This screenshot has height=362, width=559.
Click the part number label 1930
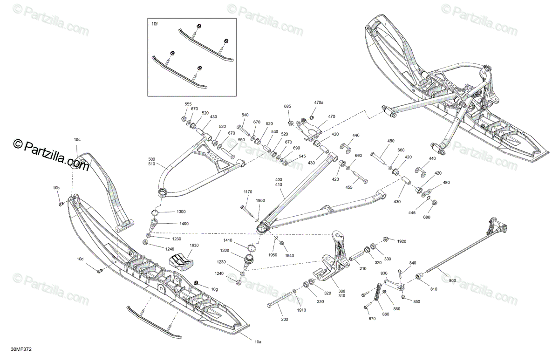194,246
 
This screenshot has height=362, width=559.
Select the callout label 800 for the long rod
452,280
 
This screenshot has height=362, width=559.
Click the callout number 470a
319,102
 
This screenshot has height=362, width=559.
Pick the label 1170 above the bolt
248,191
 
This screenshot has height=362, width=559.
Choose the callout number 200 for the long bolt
285,319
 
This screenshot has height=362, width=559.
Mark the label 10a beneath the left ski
257,342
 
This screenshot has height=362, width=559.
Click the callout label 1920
402,241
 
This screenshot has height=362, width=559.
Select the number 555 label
188,104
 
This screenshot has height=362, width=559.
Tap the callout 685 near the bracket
287,107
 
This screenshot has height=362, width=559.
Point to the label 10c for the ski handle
77,140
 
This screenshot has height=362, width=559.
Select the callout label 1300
180,212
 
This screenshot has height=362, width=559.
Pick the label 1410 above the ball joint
227,240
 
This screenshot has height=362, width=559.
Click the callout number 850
416,301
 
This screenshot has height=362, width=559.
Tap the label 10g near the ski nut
214,289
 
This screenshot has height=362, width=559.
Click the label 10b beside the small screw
56,188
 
